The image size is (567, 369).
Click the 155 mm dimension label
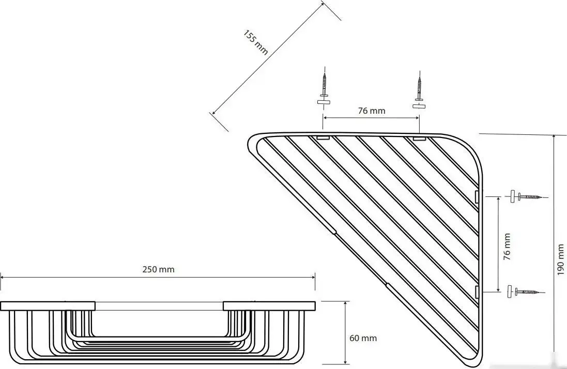(x=256, y=42)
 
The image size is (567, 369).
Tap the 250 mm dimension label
(x=158, y=269)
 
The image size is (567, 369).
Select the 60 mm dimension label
(x=363, y=338)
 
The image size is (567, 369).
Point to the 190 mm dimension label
(x=560, y=259)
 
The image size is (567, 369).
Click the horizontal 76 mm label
(x=372, y=111)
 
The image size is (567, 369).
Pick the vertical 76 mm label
(x=507, y=247)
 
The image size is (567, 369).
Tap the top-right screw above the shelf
(x=420, y=87)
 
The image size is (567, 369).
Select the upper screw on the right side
(x=529, y=197)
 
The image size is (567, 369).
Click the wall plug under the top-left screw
(x=324, y=102)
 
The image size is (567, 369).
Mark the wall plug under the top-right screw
(x=419, y=106)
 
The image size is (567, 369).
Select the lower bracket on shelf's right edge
(x=477, y=292)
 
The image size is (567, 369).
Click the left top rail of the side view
(x=48, y=306)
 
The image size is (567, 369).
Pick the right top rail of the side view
(x=269, y=306)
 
